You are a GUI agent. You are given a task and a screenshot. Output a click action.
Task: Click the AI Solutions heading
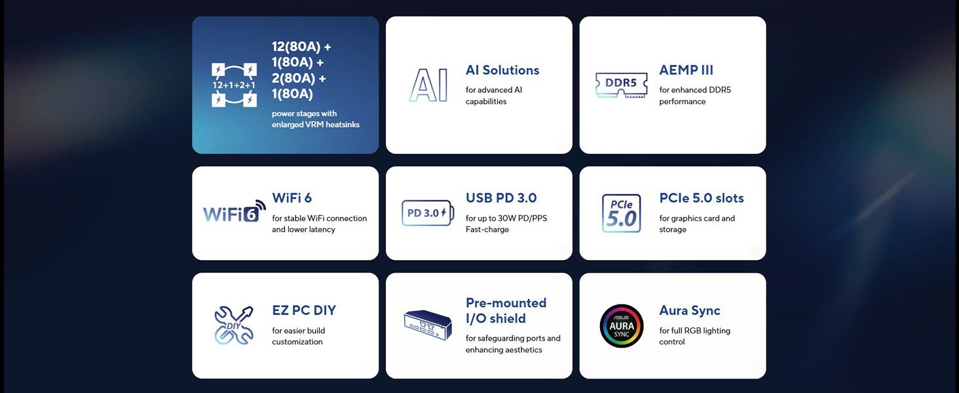[502, 70]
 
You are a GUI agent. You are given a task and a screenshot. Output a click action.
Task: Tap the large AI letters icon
[429, 85]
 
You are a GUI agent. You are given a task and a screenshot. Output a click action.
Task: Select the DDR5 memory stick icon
[621, 85]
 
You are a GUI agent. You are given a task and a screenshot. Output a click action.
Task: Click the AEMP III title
[686, 70]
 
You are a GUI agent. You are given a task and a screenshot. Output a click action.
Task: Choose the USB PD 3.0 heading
[501, 198]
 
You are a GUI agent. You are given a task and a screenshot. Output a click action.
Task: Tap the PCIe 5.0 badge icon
[621, 214]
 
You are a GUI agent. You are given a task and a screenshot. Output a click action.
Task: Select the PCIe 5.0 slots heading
[702, 198]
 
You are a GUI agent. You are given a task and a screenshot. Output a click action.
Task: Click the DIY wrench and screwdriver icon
[234, 325]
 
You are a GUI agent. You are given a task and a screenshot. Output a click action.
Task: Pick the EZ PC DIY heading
[304, 310]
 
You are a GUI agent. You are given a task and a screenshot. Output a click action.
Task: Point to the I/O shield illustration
[428, 324]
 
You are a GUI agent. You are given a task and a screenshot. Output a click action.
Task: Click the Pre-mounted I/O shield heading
[506, 310]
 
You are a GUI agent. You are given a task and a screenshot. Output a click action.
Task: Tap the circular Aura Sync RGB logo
[621, 326]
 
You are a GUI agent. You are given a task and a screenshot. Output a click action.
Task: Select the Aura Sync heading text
[690, 310]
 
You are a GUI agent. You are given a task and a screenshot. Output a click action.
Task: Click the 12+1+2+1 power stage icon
[234, 85]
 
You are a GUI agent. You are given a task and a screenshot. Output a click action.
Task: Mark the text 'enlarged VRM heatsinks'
[316, 124]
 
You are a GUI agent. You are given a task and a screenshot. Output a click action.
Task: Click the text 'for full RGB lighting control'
[694, 336]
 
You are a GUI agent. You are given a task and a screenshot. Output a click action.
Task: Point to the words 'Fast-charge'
[487, 229]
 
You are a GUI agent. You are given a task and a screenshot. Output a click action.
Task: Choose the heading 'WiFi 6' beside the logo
[292, 198]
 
